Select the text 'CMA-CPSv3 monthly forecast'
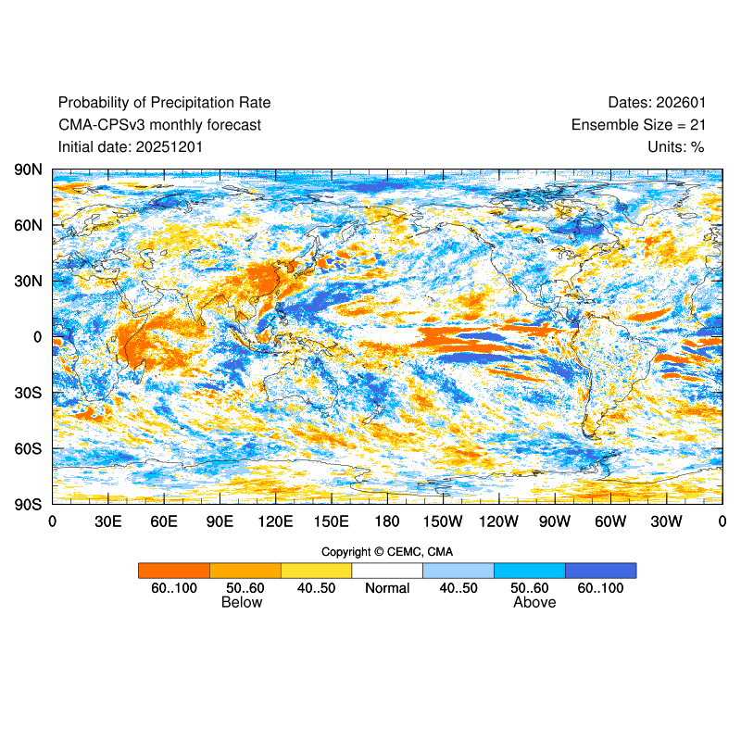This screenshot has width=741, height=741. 159,125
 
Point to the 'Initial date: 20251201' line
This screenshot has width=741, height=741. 131,147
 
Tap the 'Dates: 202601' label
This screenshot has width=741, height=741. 657,103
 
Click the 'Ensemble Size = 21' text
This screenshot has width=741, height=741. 638,125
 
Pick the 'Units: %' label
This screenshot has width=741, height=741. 676,147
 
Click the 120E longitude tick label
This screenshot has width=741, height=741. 275,521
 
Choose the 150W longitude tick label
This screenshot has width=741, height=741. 443,521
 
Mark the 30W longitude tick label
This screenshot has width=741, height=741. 666,521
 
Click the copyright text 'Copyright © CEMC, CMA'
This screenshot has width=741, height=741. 387,552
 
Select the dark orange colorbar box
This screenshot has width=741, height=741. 174,571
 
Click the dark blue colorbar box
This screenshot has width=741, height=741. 600,571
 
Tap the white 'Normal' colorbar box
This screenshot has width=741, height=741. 387,571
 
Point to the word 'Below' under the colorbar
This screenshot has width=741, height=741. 242,603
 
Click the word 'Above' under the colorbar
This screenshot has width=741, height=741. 534,603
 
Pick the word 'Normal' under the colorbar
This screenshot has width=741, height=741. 387,589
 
